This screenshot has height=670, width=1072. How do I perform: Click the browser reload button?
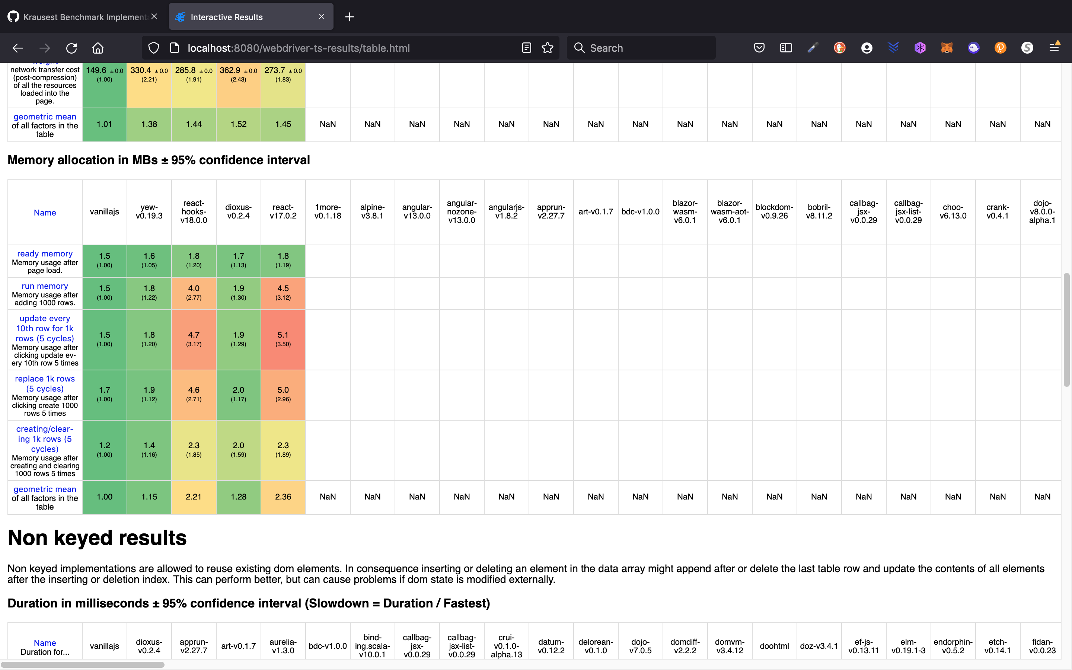click(x=71, y=48)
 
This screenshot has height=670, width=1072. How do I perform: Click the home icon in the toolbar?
click(x=98, y=48)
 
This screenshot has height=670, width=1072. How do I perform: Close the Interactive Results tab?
click(x=322, y=17)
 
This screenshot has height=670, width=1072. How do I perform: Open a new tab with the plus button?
click(x=350, y=17)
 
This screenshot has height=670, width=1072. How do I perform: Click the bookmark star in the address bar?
click(x=548, y=48)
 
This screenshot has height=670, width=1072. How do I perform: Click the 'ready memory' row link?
click(x=45, y=253)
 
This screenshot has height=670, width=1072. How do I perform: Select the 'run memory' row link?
click(x=45, y=286)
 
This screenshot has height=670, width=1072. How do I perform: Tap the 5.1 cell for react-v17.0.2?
click(x=283, y=339)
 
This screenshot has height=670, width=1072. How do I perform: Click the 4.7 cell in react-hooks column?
click(x=194, y=339)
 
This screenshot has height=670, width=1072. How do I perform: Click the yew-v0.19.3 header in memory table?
click(x=149, y=212)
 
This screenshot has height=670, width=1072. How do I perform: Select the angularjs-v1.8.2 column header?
click(x=506, y=212)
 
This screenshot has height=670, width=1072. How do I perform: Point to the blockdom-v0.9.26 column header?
click(x=774, y=212)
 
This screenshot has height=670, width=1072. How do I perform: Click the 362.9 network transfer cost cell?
click(x=238, y=74)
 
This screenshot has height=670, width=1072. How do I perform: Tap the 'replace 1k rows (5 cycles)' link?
click(x=45, y=383)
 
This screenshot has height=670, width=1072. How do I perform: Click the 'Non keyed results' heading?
click(x=97, y=537)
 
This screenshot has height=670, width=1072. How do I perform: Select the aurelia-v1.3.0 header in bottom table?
click(x=283, y=646)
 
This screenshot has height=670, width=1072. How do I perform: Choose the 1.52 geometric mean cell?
click(x=238, y=124)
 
